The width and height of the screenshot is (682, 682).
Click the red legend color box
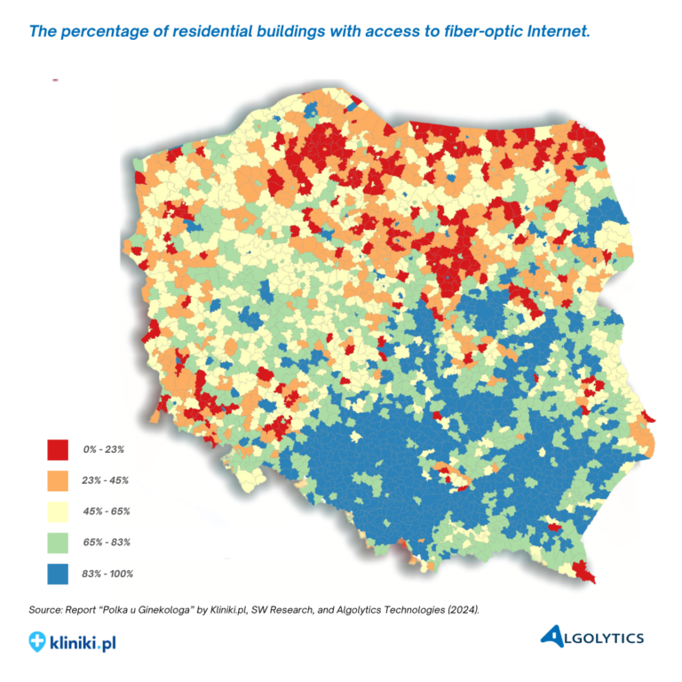coord(58,449)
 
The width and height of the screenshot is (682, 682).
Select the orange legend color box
coord(58,480)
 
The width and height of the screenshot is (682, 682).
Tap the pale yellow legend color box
coord(58,511)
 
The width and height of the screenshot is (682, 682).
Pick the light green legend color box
coord(58,542)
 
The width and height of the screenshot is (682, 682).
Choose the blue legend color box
coord(58,573)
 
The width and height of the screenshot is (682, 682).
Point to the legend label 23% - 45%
coord(106,480)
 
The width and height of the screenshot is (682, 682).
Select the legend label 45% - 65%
coord(106,511)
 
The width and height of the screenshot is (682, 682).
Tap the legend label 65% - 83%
coord(106,542)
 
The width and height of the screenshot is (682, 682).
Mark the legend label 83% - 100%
coord(107,574)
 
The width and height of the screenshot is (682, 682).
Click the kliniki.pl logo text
coord(83,639)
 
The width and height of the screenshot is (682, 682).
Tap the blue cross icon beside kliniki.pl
coord(37,639)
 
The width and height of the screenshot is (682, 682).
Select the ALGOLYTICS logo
coord(592,636)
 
